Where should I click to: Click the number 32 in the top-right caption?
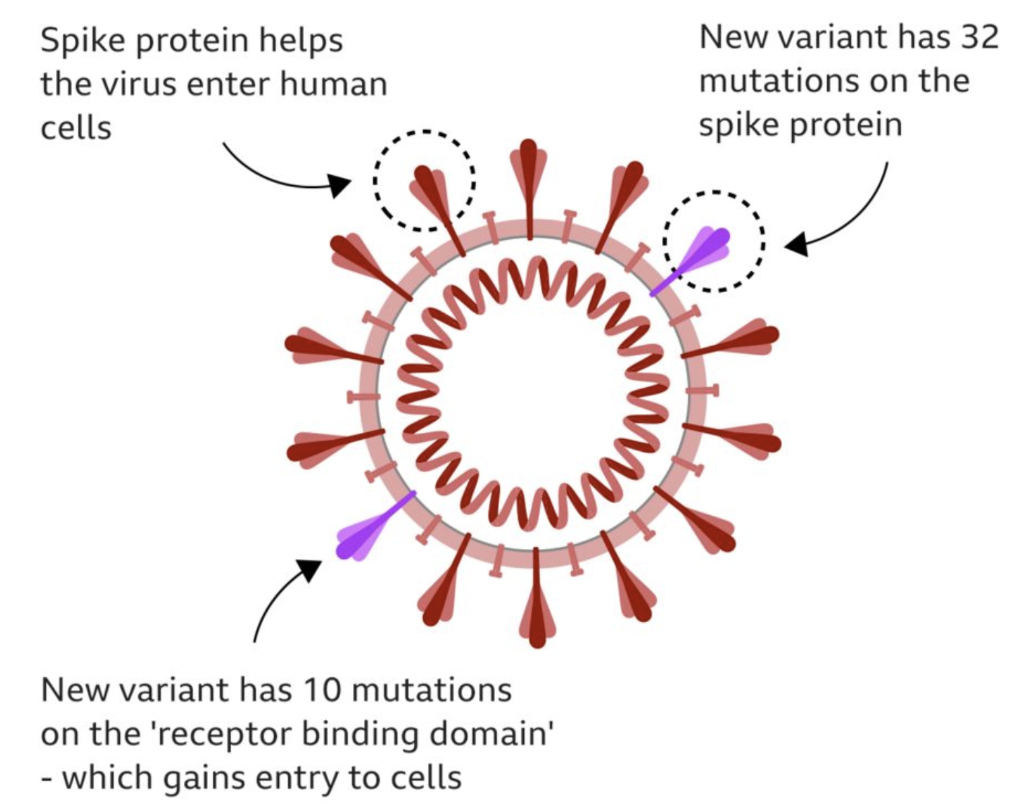pyautogui.click(x=979, y=37)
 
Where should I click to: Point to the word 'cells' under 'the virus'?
pyautogui.click(x=75, y=128)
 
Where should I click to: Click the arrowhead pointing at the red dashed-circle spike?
pyautogui.click(x=341, y=185)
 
